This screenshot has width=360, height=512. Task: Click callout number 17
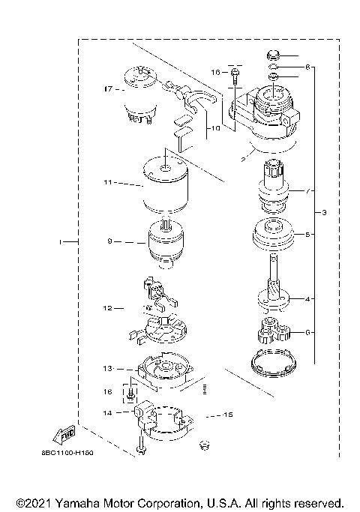click(107, 88)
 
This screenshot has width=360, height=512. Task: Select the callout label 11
click(108, 182)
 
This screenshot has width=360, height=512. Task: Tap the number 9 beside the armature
click(109, 241)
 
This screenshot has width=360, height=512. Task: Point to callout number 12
click(108, 307)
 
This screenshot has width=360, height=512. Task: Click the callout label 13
click(108, 368)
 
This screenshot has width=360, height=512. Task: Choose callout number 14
click(108, 412)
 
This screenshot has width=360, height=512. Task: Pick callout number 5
click(306, 235)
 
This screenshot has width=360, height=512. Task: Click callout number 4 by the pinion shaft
click(306, 299)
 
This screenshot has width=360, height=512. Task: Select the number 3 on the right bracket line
click(324, 214)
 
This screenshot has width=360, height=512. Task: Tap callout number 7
click(306, 191)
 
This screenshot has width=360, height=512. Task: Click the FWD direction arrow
click(64, 436)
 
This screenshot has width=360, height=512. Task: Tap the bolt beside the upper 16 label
click(235, 74)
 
